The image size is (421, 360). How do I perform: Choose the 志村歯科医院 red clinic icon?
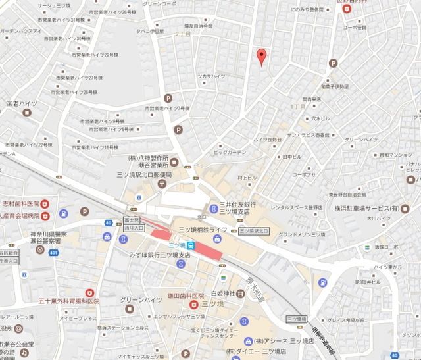45,204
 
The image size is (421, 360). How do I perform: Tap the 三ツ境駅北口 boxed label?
253,231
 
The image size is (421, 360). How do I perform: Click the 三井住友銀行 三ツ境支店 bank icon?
213,209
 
